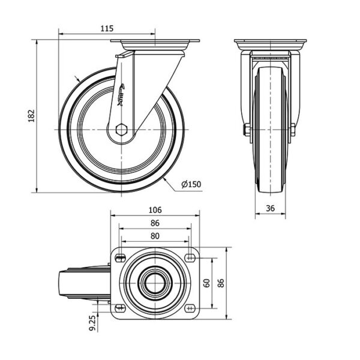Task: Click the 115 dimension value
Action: pyautogui.click(x=107, y=28)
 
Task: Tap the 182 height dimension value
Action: pyautogui.click(x=31, y=116)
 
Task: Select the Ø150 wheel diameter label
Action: pyautogui.click(x=191, y=184)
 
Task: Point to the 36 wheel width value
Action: pyautogui.click(x=270, y=208)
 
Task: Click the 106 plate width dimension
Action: pyautogui.click(x=155, y=210)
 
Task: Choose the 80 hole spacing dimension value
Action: pyautogui.click(x=155, y=236)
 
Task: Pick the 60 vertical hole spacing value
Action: pyautogui.click(x=207, y=283)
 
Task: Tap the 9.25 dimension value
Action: pyautogui.click(x=92, y=323)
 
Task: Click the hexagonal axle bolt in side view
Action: pyautogui.click(x=121, y=130)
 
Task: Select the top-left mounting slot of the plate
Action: pyautogui.click(x=120, y=259)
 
